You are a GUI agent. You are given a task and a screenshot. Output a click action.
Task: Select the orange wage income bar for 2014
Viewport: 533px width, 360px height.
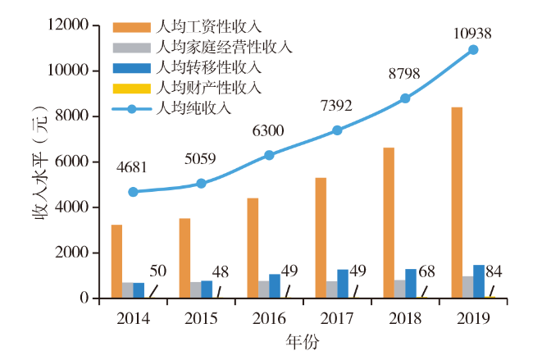(x=117, y=261)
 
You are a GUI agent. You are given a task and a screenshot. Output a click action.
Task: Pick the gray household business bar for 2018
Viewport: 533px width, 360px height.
(x=399, y=289)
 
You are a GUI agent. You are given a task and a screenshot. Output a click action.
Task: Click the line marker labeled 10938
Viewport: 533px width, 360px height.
(x=473, y=50)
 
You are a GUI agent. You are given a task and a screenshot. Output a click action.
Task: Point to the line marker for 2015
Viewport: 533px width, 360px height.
(x=201, y=184)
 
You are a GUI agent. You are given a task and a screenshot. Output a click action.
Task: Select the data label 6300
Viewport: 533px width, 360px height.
(x=266, y=130)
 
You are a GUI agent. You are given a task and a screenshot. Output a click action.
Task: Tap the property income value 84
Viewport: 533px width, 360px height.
(x=494, y=271)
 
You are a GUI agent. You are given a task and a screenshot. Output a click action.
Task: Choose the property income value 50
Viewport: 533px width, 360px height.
(x=157, y=271)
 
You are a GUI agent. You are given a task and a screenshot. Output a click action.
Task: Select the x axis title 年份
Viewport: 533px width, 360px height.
(x=302, y=339)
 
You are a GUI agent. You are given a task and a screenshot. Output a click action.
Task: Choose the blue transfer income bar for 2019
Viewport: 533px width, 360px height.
(x=478, y=281)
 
